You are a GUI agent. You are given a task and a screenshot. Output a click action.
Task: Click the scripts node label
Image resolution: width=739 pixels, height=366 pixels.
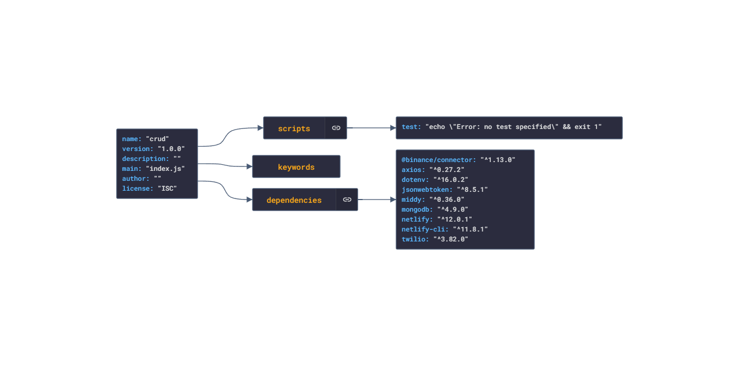coord(294,128)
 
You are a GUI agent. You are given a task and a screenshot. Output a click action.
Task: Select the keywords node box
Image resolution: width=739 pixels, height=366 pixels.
coord(296,167)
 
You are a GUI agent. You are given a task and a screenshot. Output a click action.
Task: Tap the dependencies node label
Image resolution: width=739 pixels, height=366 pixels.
coord(294,200)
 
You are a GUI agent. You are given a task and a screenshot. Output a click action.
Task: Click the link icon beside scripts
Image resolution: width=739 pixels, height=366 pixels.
coord(336,128)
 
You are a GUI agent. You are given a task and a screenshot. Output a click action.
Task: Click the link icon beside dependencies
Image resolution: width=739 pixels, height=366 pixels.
coord(347,200)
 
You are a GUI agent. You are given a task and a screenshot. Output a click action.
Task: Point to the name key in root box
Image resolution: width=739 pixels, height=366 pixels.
coord(132,139)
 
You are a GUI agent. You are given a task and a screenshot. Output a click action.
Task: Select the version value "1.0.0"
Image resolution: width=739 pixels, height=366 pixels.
coord(171,149)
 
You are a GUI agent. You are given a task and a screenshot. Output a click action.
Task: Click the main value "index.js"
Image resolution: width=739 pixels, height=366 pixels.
coord(165,169)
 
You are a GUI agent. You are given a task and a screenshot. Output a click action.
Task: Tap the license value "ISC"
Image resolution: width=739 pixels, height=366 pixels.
coord(167,189)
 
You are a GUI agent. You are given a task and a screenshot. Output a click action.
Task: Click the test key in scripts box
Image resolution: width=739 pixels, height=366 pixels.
coord(411,127)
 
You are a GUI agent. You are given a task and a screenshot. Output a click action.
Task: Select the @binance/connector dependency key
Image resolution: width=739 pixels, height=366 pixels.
coord(439,160)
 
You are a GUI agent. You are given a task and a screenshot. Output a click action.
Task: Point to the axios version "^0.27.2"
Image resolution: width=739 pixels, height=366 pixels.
coord(447,170)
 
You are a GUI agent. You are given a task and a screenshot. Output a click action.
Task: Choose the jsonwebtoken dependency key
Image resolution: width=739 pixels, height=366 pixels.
coord(427,190)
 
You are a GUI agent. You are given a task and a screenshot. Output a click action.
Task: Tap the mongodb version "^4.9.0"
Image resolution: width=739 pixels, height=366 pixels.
coord(452,209)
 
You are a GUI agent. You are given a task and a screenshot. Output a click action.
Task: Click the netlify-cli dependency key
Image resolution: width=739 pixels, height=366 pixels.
coord(425,229)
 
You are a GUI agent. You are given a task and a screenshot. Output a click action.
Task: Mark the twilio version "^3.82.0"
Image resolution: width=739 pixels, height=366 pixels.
coord(451,239)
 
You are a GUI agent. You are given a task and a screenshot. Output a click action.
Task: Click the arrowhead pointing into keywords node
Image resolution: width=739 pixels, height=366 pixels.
coord(249,166)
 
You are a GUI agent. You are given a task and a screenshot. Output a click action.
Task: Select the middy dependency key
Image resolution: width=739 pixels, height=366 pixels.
coord(413,200)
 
